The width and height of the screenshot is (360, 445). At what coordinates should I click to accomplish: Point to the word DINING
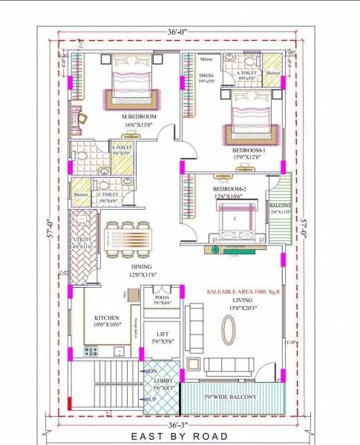(x=141, y=266)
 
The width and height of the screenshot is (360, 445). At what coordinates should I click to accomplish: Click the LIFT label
(x=161, y=336)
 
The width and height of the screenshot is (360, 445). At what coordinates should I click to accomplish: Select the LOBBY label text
(x=162, y=381)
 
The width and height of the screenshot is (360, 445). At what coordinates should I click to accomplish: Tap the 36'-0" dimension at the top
(x=177, y=32)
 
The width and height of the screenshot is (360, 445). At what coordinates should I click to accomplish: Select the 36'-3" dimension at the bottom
(x=177, y=425)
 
